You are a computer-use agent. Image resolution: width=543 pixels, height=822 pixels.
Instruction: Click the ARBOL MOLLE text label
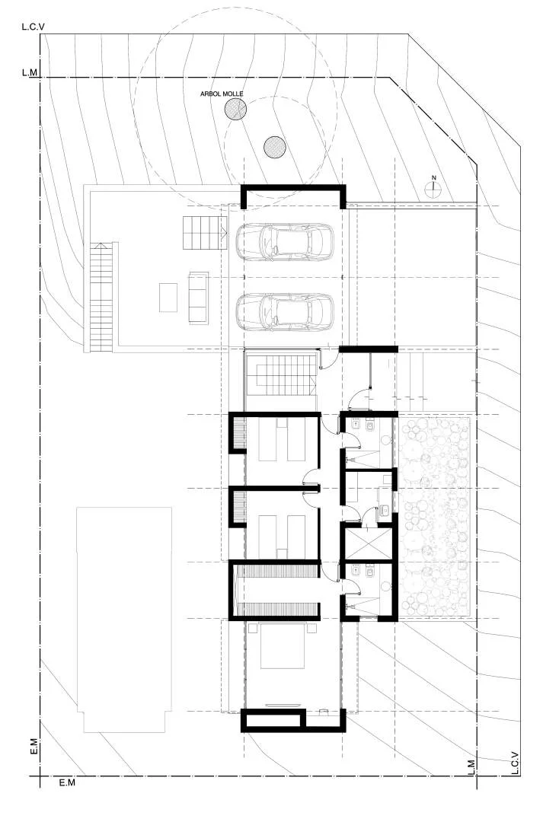click(222, 94)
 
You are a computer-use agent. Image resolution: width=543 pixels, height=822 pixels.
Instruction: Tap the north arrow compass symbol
click(433, 188)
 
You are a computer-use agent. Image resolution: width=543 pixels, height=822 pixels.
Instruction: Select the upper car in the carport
click(284, 242)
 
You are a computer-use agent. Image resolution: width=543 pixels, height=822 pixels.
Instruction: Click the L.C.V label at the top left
click(33, 26)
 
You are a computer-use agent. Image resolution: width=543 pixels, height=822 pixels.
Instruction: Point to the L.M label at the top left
click(30, 73)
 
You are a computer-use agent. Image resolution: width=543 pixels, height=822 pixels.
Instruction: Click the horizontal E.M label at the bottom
click(67, 782)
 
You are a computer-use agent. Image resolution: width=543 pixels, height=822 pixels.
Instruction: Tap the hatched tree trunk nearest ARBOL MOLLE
click(235, 109)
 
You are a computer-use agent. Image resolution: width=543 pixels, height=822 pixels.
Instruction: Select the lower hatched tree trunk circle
click(274, 148)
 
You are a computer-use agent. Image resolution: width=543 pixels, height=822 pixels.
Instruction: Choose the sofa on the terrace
click(199, 298)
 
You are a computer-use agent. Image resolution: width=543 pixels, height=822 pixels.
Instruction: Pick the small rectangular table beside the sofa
click(168, 298)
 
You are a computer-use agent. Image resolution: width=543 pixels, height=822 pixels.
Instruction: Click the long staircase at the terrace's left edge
click(101, 297)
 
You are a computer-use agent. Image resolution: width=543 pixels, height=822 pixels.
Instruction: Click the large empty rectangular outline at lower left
click(124, 619)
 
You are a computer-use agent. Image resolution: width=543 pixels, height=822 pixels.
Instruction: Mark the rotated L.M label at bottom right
click(471, 767)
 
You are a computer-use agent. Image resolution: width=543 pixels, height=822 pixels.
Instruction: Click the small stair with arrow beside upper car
click(205, 234)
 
